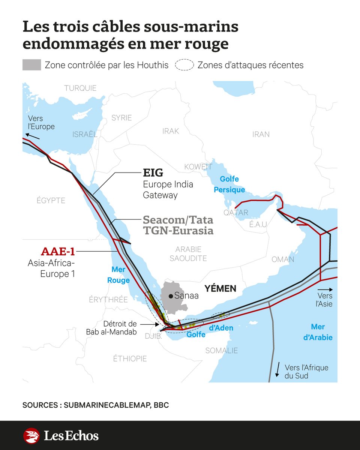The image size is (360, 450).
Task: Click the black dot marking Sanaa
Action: click(171, 296)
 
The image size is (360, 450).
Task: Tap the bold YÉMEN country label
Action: click(220, 288)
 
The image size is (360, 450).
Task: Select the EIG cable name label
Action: click(153, 172)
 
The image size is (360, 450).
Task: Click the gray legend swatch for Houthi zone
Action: click(31, 65)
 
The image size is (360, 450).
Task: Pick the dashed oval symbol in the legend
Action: click(184, 65)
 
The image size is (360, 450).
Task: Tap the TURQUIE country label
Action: click(80, 88)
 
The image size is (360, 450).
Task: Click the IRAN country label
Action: click(261, 134)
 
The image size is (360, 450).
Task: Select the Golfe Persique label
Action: click(229, 184)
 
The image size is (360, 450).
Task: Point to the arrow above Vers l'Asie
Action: click(325, 290)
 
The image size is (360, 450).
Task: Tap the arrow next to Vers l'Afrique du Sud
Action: click(278, 370)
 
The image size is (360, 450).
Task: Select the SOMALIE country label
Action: click(221, 351)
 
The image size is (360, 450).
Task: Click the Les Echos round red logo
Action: click(31, 436)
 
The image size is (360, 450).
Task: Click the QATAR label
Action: click(236, 213)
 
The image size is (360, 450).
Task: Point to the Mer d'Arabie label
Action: click(318, 332)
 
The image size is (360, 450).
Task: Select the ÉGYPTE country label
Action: click(51, 201)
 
